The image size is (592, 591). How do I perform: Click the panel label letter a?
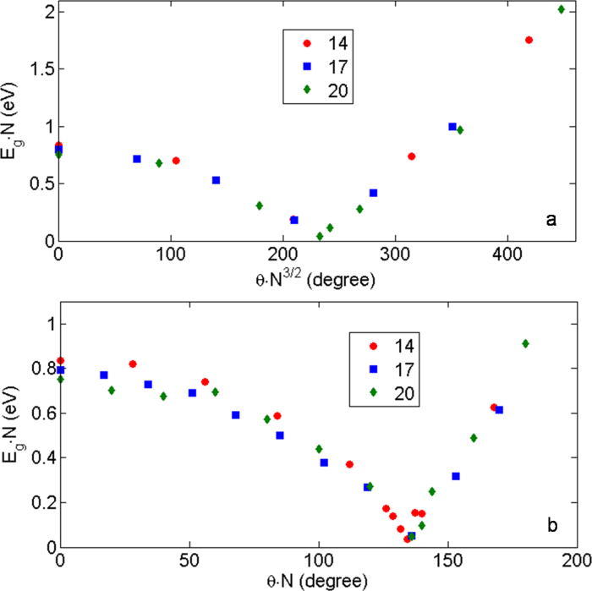tap(551, 221)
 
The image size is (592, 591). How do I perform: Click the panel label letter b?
tap(551, 527)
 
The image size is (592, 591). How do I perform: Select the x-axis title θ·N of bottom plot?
tap(317, 581)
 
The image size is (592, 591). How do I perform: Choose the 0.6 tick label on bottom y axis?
tap(38, 413)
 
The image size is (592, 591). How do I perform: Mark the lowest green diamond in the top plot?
tap(320, 236)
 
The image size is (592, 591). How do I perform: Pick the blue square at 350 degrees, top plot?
tap(452, 127)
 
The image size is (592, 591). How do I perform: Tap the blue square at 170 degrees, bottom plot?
tap(499, 410)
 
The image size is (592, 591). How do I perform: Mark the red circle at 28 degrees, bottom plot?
tap(133, 364)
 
